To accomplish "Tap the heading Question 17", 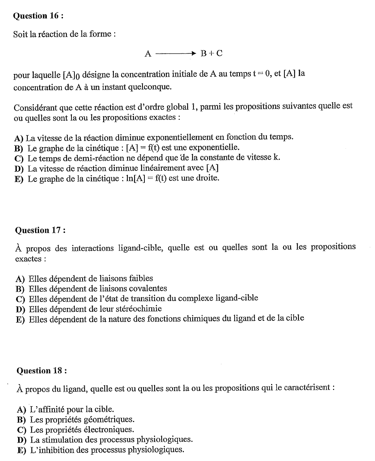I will [40, 230].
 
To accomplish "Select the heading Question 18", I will [42, 370].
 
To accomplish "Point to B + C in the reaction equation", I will [211, 53].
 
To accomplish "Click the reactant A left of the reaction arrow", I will [148, 54].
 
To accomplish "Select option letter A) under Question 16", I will [19, 138].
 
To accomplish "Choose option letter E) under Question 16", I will [19, 179].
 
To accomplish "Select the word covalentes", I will [145, 288].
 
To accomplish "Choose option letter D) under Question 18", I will [22, 440].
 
